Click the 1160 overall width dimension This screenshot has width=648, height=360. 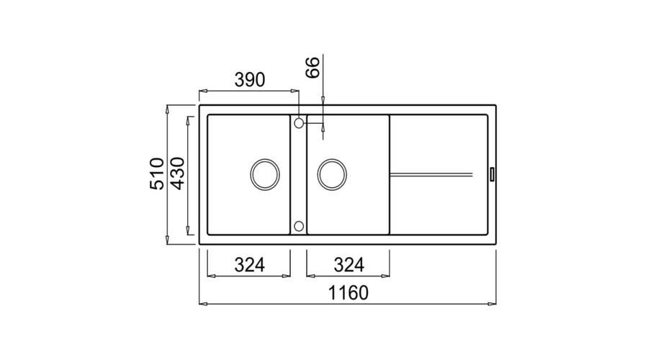pos(348,292)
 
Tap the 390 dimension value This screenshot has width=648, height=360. pos(250,80)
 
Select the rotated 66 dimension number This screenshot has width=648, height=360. pos(313,68)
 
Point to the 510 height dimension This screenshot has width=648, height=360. pos(157,174)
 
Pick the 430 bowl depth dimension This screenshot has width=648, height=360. pos(178,174)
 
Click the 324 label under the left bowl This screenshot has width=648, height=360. pos(250,265)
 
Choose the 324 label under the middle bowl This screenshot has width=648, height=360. pos(348,265)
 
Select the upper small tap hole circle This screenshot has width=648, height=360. pos(299,122)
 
